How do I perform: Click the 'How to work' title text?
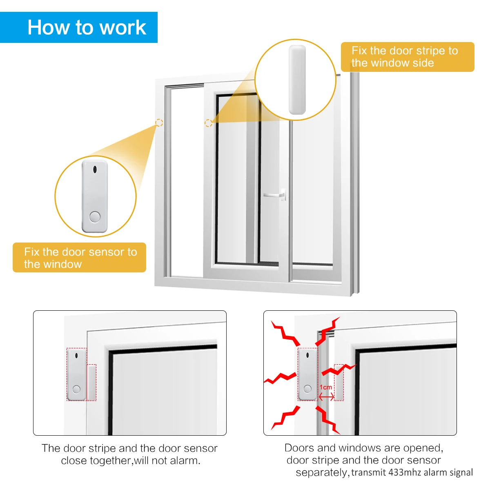click(87, 27)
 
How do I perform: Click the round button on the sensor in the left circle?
click(95, 217)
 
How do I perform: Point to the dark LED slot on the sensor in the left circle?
click(95, 169)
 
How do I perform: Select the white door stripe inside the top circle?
click(297, 80)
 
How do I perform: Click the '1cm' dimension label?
click(326, 387)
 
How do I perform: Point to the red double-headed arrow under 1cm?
click(326, 396)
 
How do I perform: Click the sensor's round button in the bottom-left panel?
click(76, 389)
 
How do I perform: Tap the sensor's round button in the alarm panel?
click(307, 389)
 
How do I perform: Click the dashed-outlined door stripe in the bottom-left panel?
click(91, 383)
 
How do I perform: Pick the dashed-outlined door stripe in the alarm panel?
click(339, 383)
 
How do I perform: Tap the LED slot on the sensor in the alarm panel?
click(307, 355)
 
